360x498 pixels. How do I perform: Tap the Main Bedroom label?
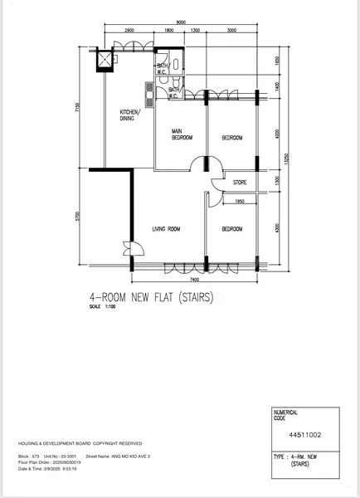click(182, 134)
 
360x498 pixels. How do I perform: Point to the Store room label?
click(240, 183)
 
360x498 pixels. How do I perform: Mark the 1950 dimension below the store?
click(239, 201)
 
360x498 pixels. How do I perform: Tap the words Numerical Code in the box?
click(286, 414)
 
